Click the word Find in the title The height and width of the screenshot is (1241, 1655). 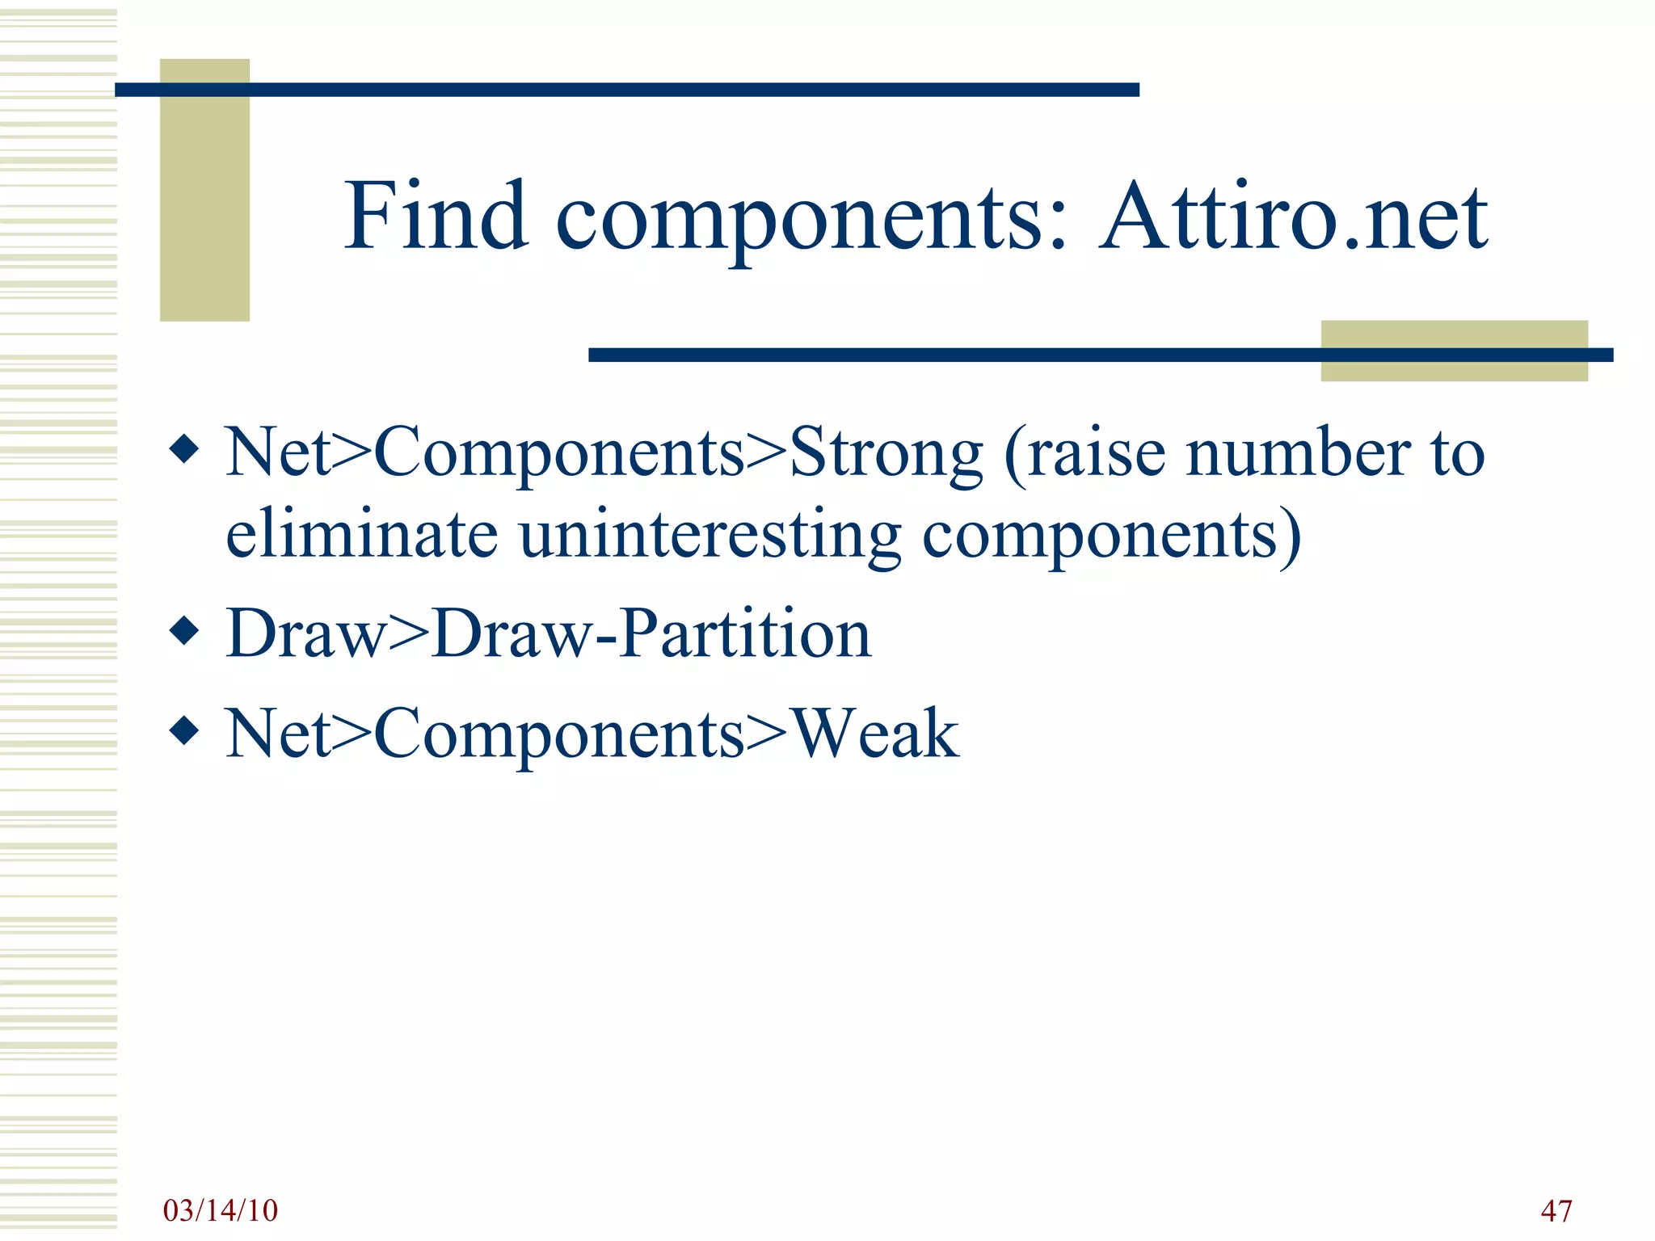(436, 217)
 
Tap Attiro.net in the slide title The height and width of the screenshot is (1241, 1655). (1292, 217)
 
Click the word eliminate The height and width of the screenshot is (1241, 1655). (361, 535)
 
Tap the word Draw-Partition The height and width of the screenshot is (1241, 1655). (651, 634)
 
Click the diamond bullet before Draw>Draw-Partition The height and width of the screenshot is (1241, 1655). (185, 631)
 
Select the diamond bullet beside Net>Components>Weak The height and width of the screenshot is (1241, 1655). (185, 730)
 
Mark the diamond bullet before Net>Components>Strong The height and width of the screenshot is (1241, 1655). (185, 449)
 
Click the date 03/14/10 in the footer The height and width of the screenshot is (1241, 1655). (220, 1210)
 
